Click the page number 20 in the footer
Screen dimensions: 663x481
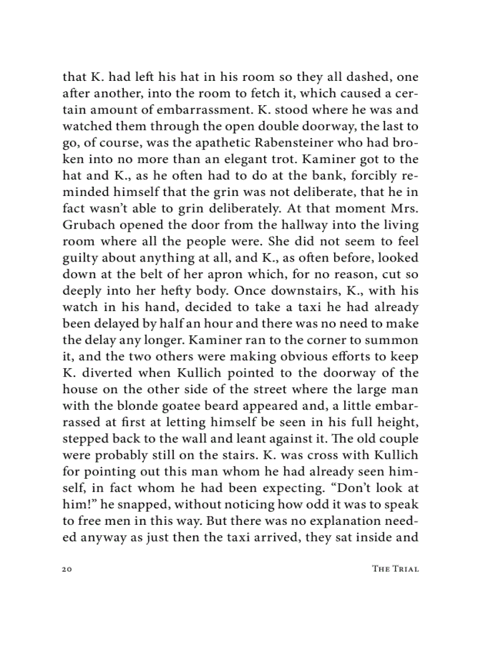pyautogui.click(x=67, y=569)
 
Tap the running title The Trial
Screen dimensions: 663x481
pyautogui.click(x=395, y=569)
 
